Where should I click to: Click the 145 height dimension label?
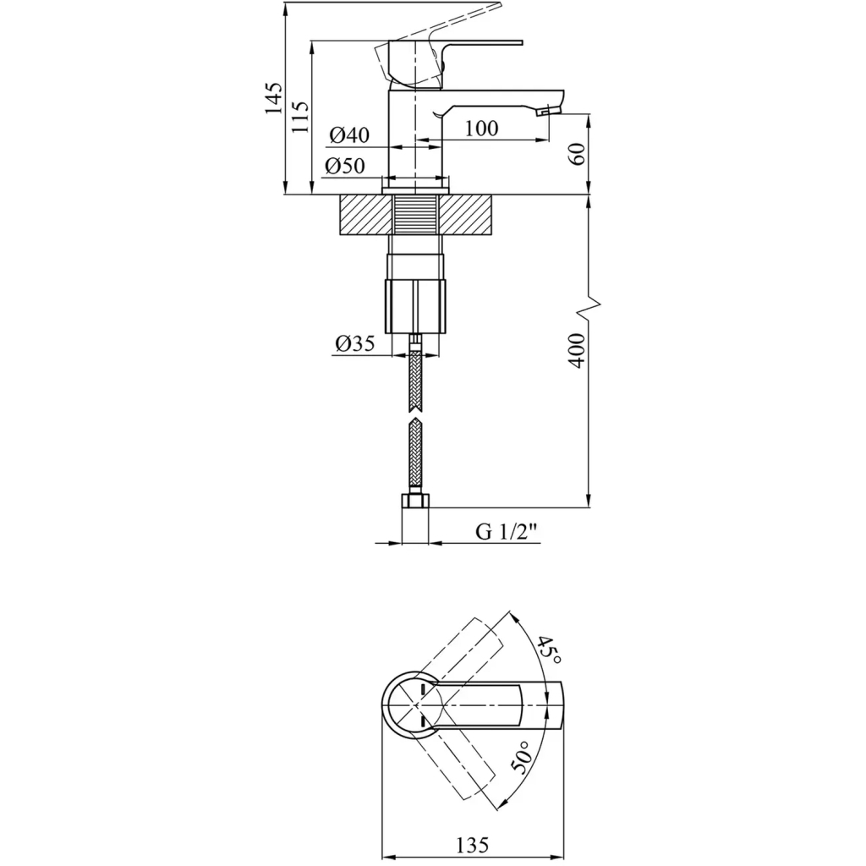pos(274,98)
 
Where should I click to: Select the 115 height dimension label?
pos(300,117)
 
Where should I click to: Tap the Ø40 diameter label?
pos(349,134)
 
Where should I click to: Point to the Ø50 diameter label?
pos(345,166)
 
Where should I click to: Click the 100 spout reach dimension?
pos(481,129)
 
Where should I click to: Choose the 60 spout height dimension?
pos(576,154)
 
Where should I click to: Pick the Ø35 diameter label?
pos(354,343)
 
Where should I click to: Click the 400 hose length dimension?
pos(576,350)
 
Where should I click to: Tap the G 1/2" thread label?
pos(507,532)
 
